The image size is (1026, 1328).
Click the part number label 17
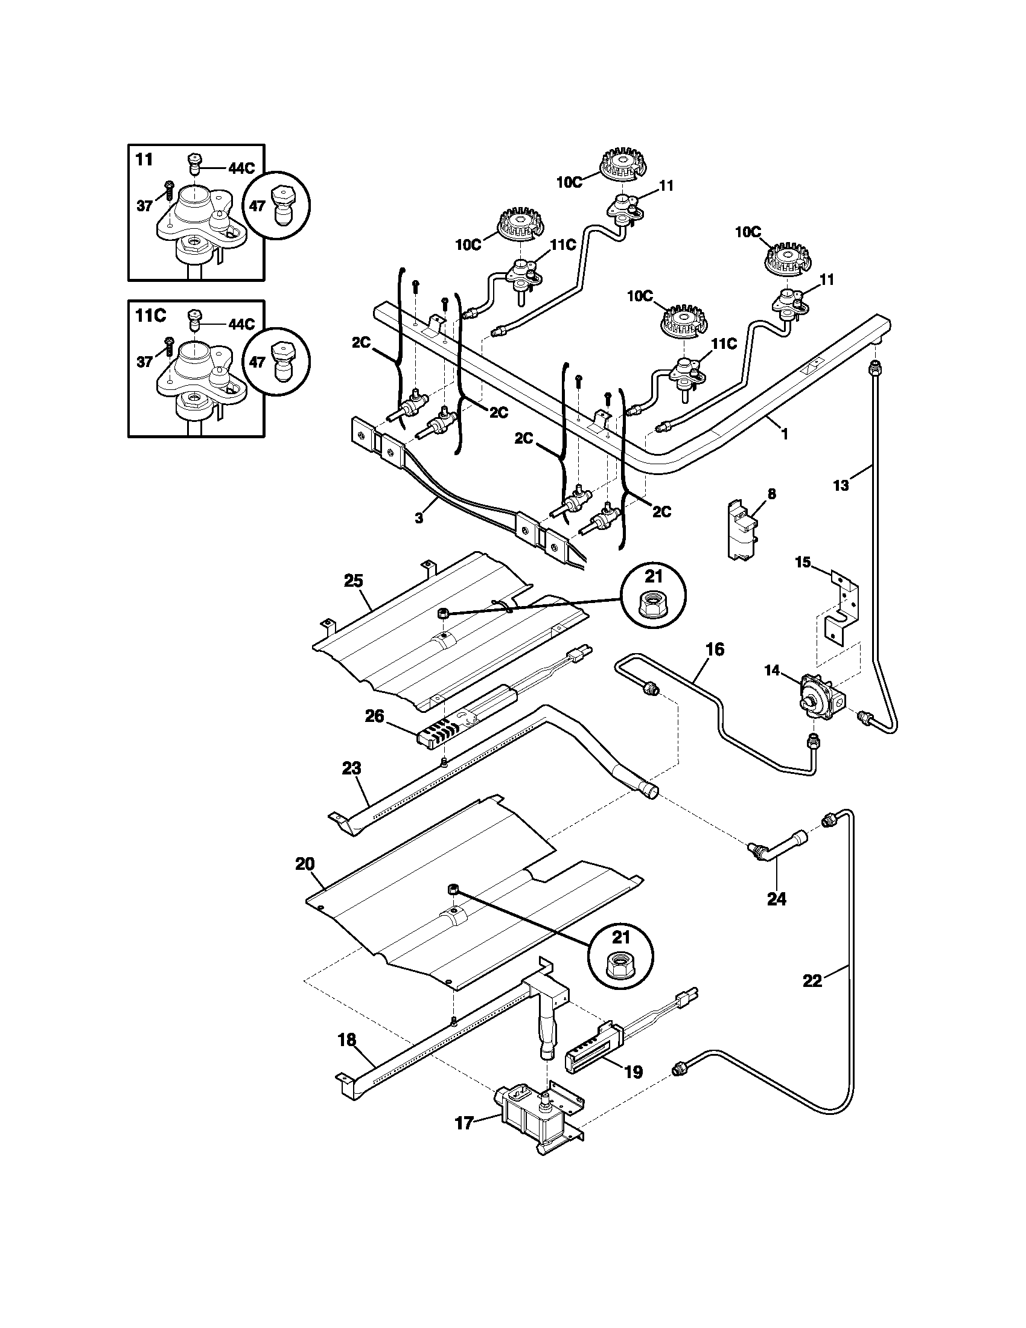point(464,1123)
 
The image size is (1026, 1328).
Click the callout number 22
point(812,981)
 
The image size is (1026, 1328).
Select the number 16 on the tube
point(715,650)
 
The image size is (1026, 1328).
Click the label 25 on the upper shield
point(353,581)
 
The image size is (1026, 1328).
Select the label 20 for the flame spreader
point(305,864)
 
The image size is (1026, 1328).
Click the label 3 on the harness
point(419,517)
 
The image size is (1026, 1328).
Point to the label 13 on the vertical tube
point(841,485)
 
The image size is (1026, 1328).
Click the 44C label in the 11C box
point(241,324)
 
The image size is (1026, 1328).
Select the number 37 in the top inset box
point(144,206)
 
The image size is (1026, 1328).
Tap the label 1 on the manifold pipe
point(784,433)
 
